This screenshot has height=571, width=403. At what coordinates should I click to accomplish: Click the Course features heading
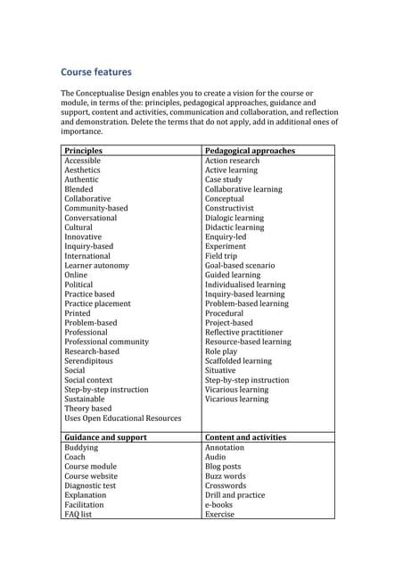point(96,72)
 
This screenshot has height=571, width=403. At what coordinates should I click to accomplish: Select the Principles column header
point(84,151)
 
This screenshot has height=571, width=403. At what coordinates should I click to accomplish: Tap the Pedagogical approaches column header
point(250,151)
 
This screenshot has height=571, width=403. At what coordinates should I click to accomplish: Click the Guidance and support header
point(105,437)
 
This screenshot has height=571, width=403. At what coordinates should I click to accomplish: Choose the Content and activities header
point(245,437)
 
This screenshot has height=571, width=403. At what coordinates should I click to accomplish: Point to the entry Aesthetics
point(82,170)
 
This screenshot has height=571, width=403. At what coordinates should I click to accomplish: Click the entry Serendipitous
point(90,360)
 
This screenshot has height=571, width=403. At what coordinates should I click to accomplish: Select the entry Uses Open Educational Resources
point(122,418)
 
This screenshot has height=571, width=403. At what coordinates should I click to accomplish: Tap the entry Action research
point(232,161)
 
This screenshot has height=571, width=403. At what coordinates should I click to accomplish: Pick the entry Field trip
point(222,256)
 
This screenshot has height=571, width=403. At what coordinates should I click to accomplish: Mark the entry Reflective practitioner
point(245,332)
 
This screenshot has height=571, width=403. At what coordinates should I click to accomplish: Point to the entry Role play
point(222,352)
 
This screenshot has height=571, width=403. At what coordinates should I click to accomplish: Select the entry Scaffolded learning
point(238,360)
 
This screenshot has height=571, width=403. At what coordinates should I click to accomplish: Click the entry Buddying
point(81,447)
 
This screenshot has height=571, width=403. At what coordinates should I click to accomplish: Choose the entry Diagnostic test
point(90,485)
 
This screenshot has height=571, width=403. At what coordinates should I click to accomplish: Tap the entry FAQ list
point(78,514)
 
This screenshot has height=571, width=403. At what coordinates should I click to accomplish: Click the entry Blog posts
point(223,466)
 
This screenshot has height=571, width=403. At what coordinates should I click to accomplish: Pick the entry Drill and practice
point(234,494)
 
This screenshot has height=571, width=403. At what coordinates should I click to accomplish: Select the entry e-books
point(218,504)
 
